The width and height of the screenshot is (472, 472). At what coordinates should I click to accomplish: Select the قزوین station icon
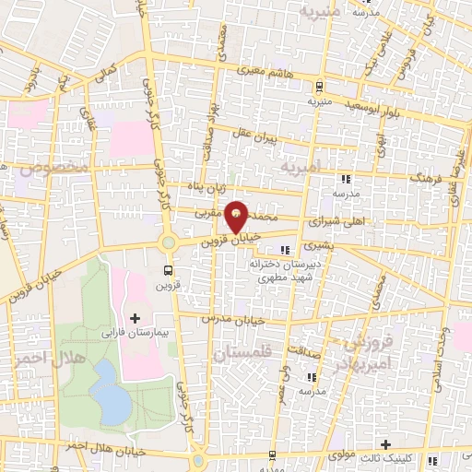pos(167,270)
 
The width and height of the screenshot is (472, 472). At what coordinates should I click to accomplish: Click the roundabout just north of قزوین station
pos(168,242)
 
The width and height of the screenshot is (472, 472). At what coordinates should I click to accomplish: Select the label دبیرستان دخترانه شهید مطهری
pos(285,270)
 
